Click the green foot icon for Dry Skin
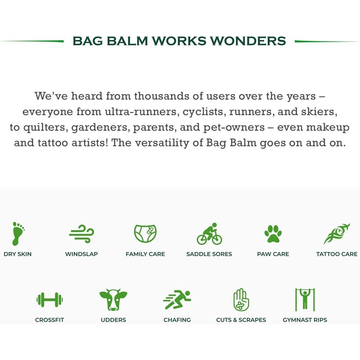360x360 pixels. coord(18,233)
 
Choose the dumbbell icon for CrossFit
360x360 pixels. coord(49,299)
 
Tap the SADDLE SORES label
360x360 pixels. coord(209,254)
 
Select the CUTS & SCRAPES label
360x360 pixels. coord(241,320)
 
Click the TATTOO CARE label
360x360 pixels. coord(337,254)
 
